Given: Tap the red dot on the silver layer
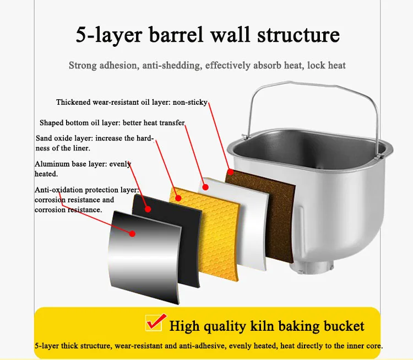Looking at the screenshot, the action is [132, 233].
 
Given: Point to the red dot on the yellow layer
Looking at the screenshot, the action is [177, 197].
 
